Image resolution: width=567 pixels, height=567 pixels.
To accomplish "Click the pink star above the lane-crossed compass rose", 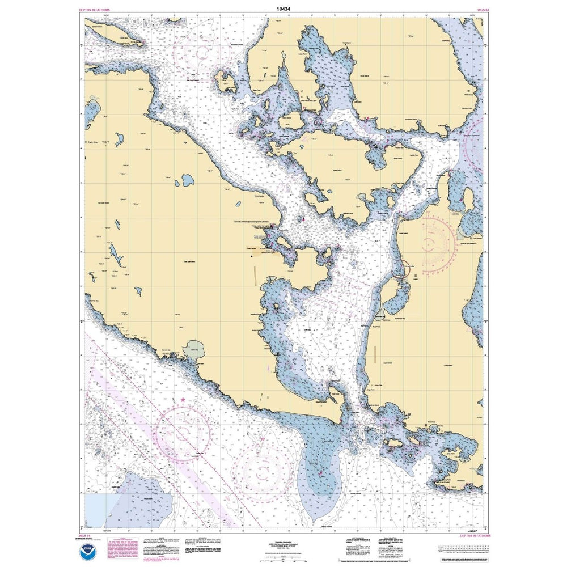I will point(183,401).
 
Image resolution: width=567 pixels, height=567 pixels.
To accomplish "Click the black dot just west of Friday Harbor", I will point(252,256).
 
